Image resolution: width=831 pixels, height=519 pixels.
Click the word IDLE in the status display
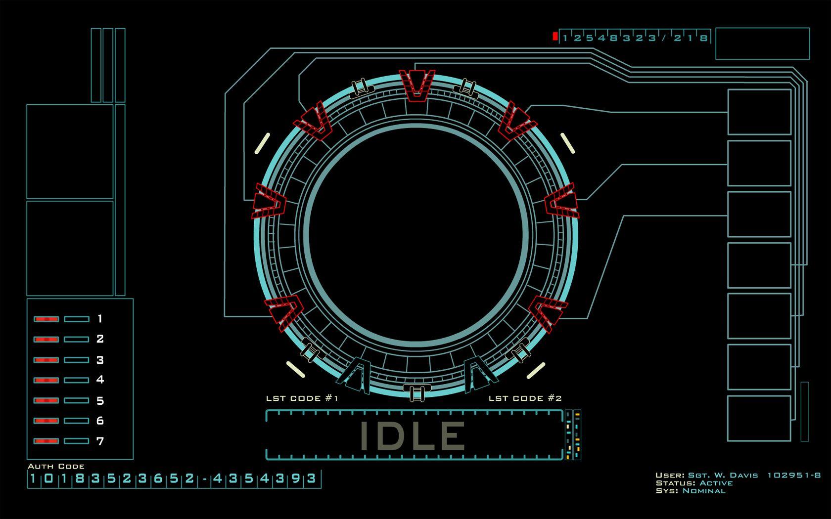[x=412, y=435]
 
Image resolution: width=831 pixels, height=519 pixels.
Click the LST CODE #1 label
[x=302, y=398]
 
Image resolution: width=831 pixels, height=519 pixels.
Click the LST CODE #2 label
[x=525, y=398]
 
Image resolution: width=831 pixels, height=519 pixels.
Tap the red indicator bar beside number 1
[x=46, y=319]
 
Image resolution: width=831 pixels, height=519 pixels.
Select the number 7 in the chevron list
[x=100, y=441]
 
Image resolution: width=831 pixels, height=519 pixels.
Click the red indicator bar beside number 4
[x=46, y=380]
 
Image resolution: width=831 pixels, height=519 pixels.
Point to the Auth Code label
[x=56, y=466]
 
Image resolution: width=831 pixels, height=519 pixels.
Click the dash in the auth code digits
[x=204, y=479]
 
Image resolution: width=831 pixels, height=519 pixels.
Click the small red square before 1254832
[x=555, y=36]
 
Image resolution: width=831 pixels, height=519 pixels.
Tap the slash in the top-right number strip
[x=664, y=38]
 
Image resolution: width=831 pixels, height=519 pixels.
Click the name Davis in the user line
[x=743, y=476]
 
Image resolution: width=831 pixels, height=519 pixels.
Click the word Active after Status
[x=716, y=483]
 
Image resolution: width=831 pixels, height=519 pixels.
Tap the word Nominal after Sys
[x=703, y=491]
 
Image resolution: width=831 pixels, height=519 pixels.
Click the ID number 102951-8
[x=793, y=476]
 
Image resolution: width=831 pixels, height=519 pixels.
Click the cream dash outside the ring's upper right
[x=567, y=143]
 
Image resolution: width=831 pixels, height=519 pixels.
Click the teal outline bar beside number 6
[x=77, y=421]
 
